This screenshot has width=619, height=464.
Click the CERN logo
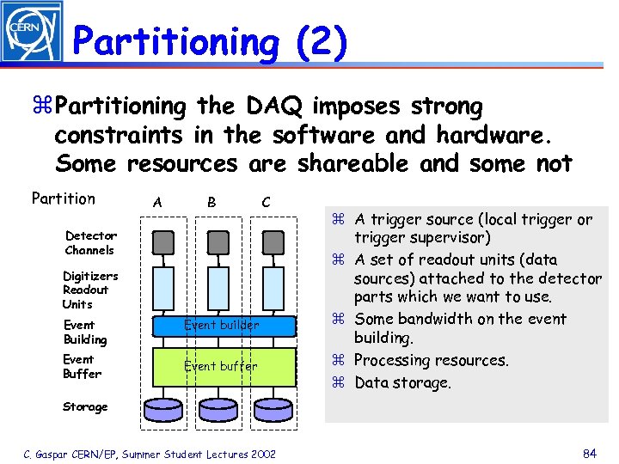(x=32, y=32)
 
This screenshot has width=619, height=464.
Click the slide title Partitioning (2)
(x=211, y=41)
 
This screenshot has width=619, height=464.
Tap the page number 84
(x=590, y=454)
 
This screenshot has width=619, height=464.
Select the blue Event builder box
(x=224, y=326)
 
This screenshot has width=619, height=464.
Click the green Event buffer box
(x=224, y=366)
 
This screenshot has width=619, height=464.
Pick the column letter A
(x=156, y=202)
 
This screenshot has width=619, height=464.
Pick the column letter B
(x=211, y=202)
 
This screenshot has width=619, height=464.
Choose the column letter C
(x=266, y=202)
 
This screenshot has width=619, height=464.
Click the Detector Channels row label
(x=90, y=243)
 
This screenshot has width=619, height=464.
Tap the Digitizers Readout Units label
(x=89, y=290)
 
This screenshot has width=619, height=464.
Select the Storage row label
(x=85, y=406)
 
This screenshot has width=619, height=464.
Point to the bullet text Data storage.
(x=401, y=382)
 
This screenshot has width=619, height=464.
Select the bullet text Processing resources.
(x=431, y=360)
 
